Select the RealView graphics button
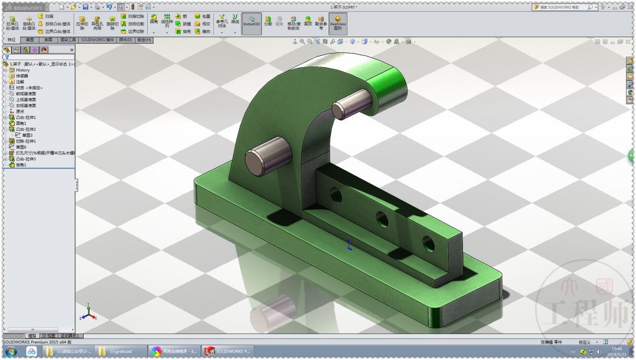[x=337, y=23]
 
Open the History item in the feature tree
[x=22, y=70]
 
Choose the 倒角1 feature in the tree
[x=21, y=165]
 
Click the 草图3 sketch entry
[x=27, y=135]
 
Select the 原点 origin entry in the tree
[x=19, y=111]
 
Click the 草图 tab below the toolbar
[x=29, y=40]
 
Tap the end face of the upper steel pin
[x=340, y=110]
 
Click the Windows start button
[x=10, y=352]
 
